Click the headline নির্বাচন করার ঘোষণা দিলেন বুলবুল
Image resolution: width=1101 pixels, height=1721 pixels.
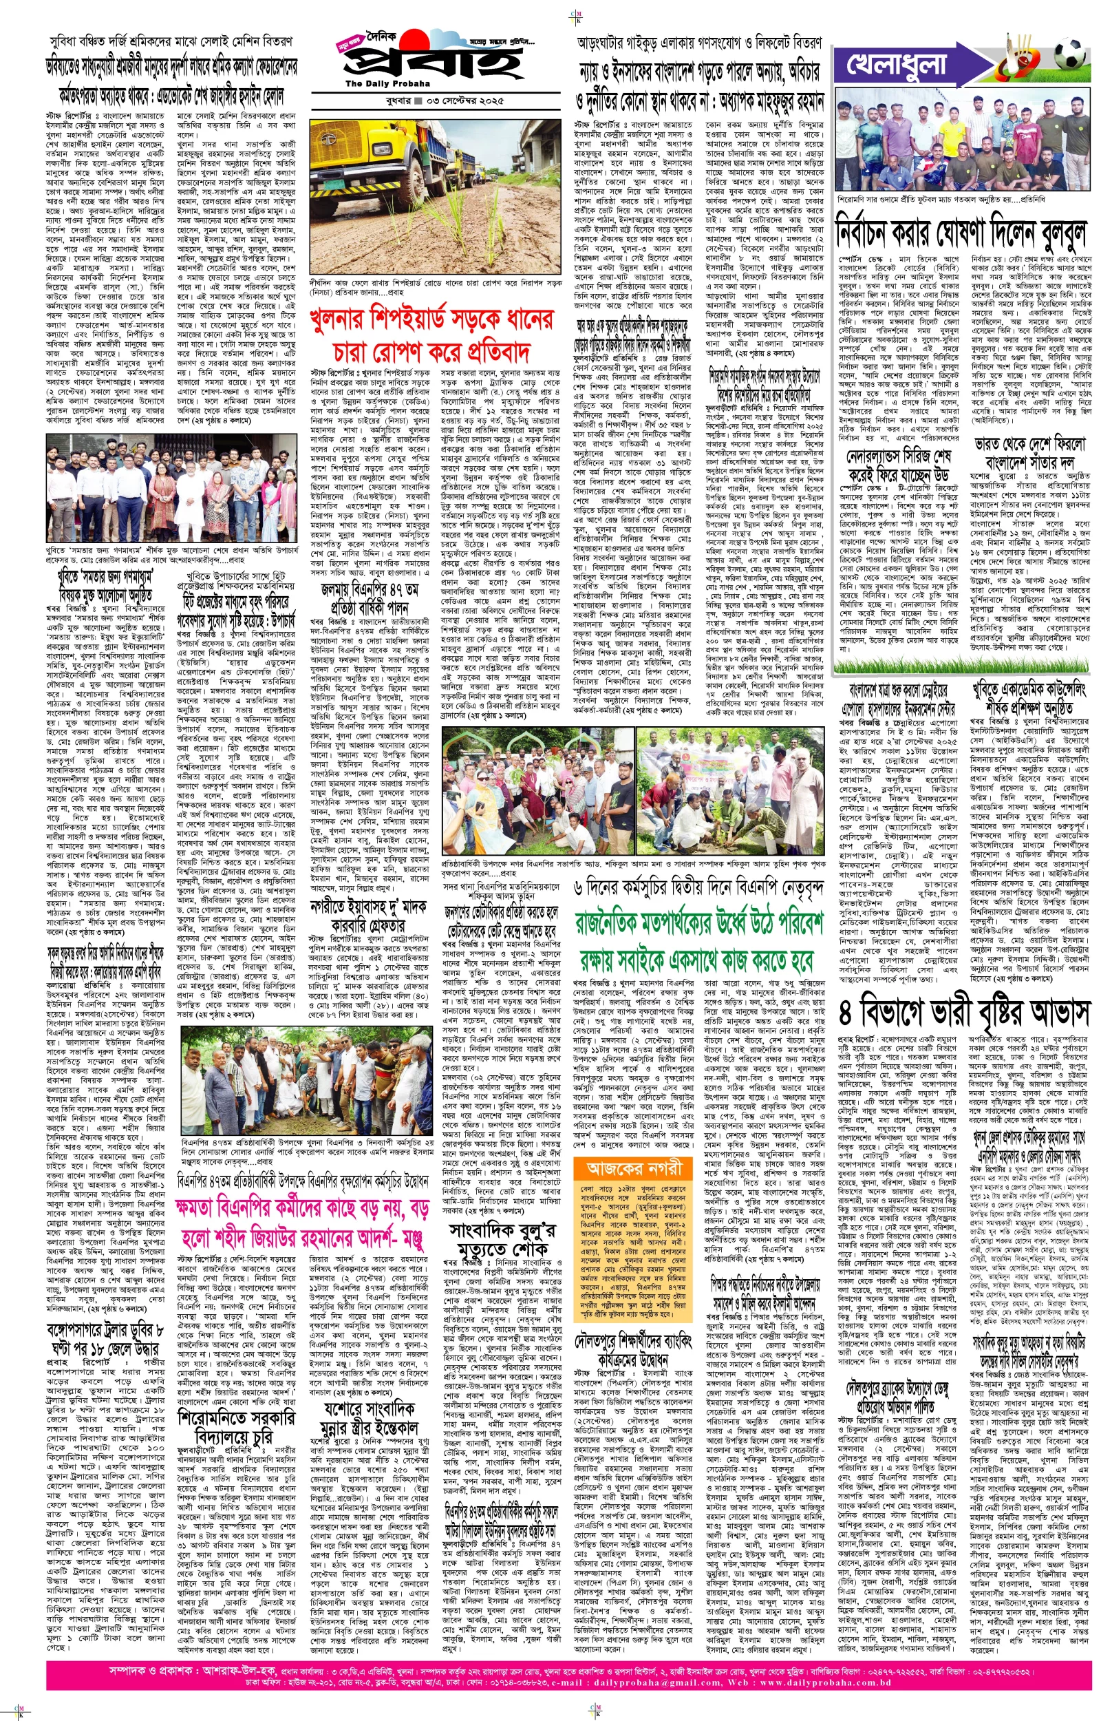click(x=959, y=233)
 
